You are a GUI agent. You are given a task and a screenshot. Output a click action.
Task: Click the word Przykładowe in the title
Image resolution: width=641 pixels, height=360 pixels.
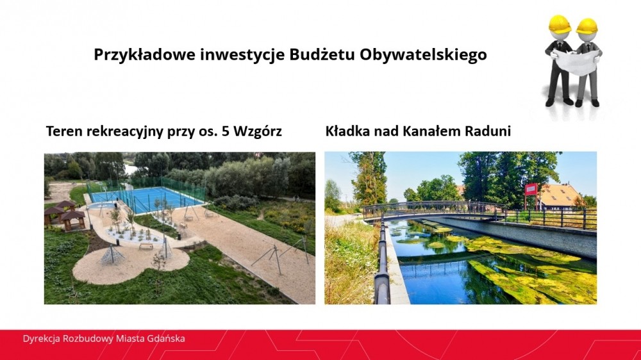tap(144, 54)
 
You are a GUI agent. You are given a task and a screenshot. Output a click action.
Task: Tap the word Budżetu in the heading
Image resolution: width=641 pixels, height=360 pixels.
tap(322, 54)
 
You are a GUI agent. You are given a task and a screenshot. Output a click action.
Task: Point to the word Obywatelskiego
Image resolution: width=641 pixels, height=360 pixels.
tap(424, 54)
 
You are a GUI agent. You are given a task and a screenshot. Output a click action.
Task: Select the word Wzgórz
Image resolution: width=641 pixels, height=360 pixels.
tap(258, 131)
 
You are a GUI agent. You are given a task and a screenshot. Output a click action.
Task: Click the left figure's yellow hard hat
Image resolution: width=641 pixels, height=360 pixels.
tap(559, 24)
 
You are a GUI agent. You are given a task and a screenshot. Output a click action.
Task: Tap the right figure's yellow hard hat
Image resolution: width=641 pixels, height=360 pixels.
tap(587, 26)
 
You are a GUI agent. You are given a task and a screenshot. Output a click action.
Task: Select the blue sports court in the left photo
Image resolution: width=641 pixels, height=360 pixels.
tap(146, 199)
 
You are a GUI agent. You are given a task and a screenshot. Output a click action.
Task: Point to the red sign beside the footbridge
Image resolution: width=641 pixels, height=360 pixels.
tap(531, 189)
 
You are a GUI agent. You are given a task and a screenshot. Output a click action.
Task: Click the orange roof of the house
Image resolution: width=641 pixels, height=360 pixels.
tap(558, 195)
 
